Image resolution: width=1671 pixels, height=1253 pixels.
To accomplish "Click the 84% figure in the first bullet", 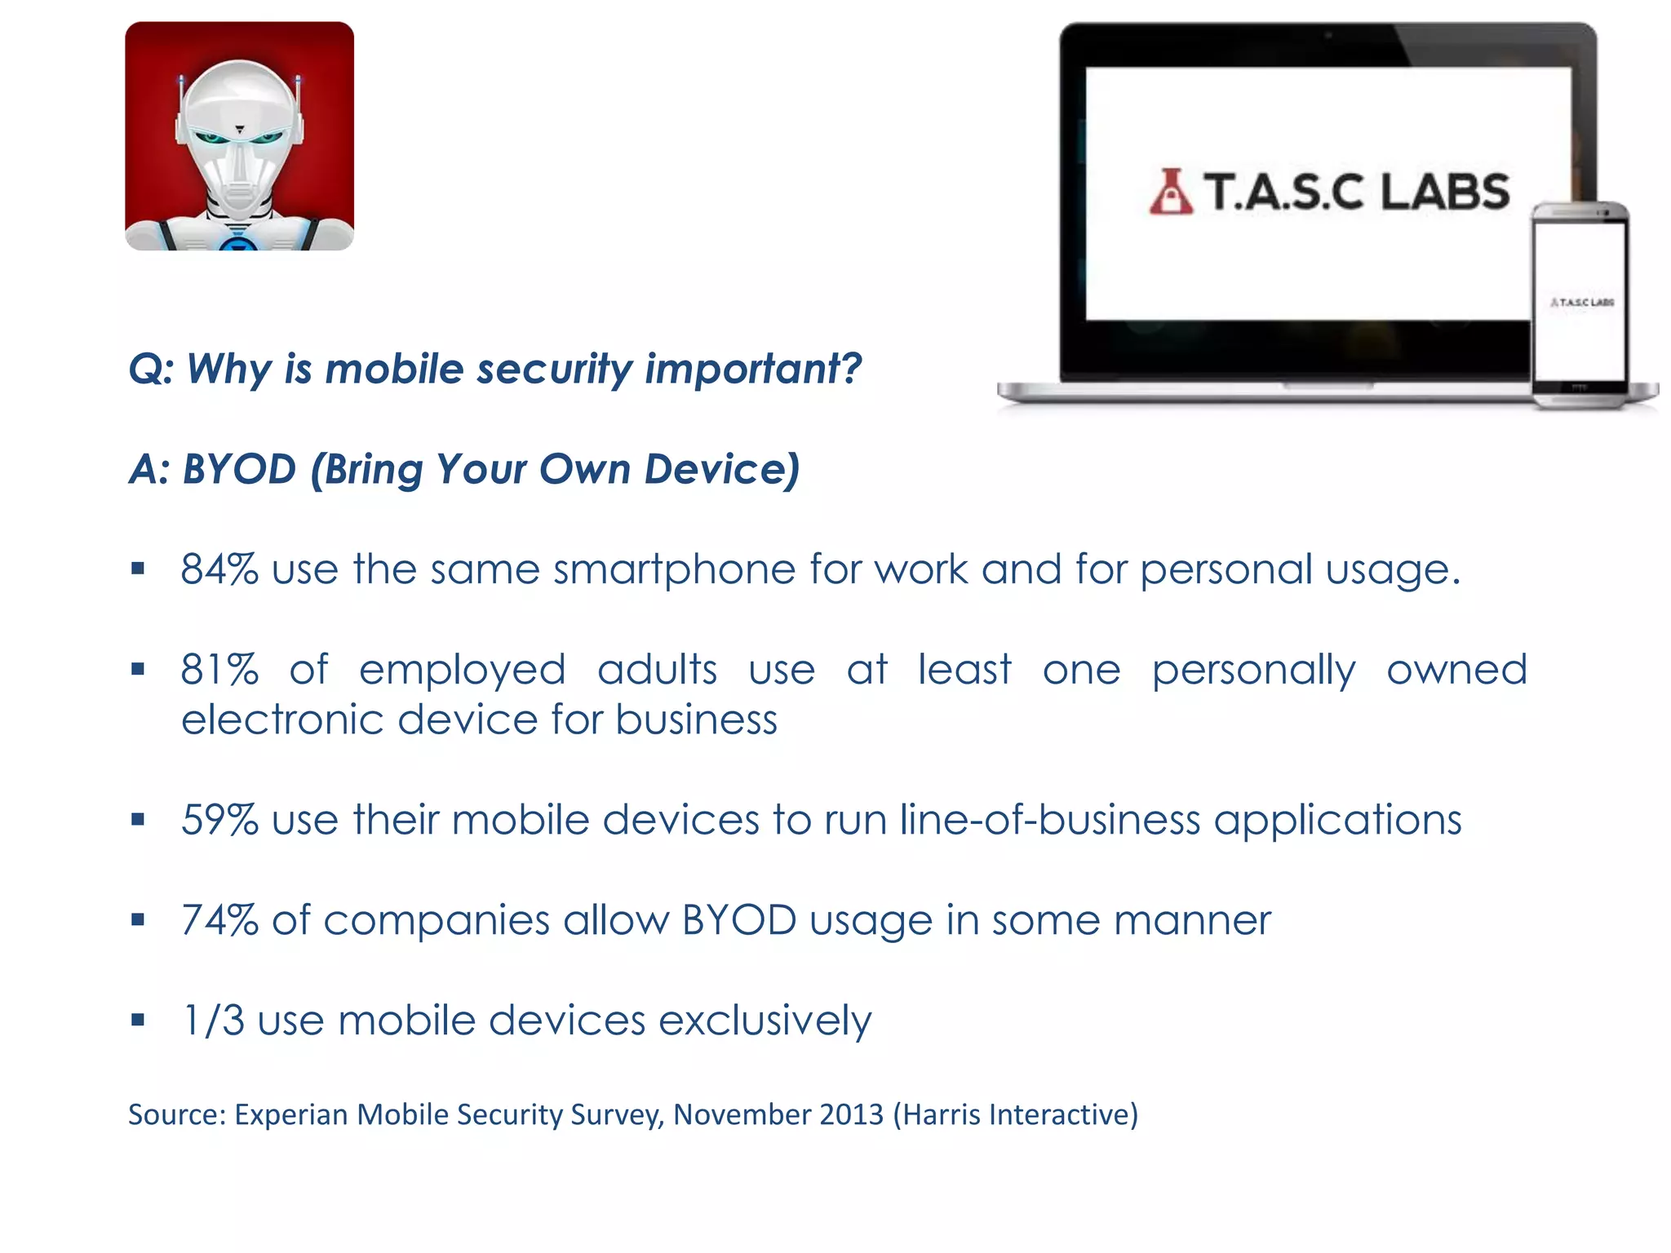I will (219, 569).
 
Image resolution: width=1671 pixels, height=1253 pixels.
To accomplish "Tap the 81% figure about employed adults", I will (219, 670).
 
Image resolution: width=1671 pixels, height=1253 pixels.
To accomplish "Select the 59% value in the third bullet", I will (219, 820).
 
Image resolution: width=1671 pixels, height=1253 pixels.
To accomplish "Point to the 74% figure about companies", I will (219, 920).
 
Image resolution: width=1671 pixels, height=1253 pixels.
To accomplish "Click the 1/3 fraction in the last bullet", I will (213, 1021).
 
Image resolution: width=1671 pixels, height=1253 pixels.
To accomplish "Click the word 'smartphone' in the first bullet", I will (673, 569).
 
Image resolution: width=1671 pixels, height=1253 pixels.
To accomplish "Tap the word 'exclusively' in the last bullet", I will (765, 1021).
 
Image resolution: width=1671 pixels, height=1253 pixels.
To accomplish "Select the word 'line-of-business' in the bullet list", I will (1049, 820).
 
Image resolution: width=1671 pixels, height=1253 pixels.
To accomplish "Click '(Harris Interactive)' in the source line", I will (1015, 1114).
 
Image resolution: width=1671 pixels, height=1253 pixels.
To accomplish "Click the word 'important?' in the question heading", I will (752, 369).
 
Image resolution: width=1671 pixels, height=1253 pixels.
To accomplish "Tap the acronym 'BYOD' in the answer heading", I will (239, 469).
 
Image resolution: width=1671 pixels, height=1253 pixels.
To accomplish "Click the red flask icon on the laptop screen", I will (1170, 193).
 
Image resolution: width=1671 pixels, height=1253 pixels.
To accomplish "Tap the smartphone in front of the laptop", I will (1580, 306).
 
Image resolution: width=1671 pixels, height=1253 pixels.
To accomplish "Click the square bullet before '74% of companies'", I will (138, 920).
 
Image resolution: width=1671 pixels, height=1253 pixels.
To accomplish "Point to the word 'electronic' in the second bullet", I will (281, 719).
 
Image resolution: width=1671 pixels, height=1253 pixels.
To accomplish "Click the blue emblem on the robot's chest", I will (238, 243).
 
